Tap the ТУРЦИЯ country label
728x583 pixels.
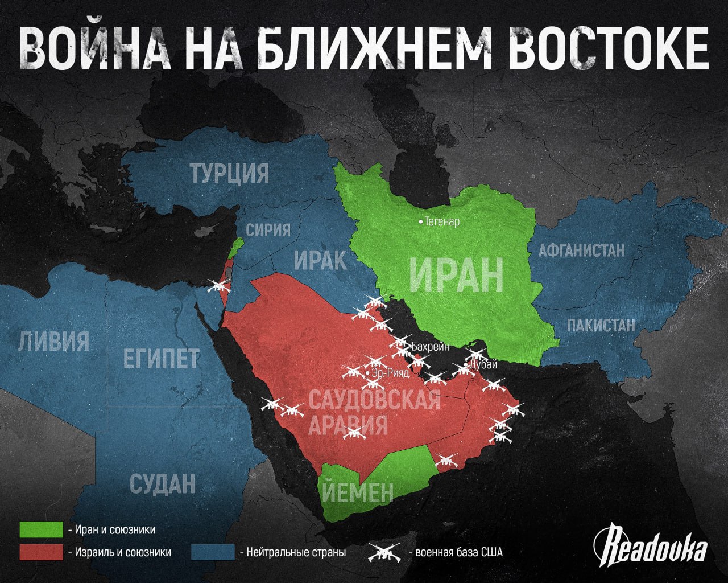[x=229, y=173]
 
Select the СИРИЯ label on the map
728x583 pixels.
[x=268, y=229]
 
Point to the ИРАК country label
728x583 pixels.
[x=320, y=260]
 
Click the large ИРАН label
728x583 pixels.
[x=456, y=276]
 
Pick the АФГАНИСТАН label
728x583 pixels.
[x=581, y=250]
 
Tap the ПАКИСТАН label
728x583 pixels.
[x=601, y=325]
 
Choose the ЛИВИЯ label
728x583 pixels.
[x=54, y=342]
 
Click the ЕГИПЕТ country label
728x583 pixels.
[x=162, y=359]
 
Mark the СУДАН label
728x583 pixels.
[x=162, y=483]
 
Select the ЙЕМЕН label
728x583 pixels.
[x=357, y=492]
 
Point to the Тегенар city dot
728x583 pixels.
[x=421, y=221]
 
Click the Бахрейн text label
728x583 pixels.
[x=430, y=346]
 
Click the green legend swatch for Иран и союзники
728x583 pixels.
[x=41, y=529]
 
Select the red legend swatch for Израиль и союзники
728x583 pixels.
[x=41, y=552]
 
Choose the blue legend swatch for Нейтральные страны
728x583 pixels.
[x=213, y=552]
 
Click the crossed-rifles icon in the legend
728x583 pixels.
[x=385, y=552]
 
